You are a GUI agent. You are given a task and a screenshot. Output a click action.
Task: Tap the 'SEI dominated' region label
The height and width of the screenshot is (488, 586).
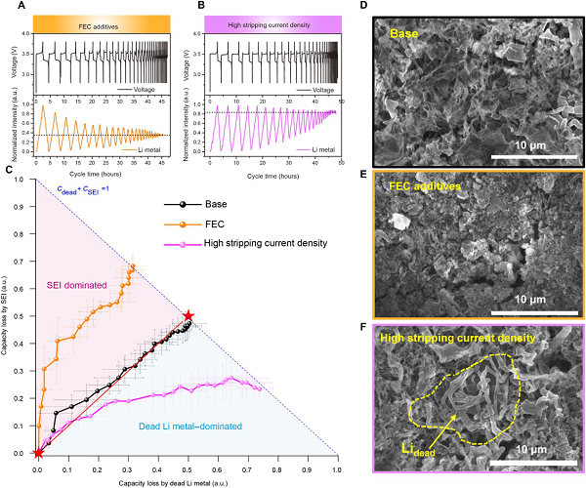pos(82,283)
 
